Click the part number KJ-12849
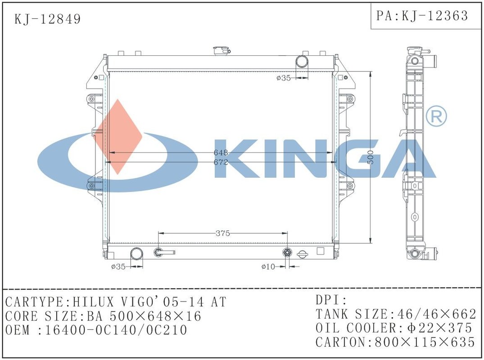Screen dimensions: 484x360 click(x=48, y=19)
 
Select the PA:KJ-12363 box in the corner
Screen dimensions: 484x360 click(x=425, y=16)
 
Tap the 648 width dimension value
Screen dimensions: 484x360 click(x=221, y=153)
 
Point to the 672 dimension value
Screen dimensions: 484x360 click(x=221, y=162)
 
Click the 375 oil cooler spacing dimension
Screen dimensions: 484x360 click(x=223, y=234)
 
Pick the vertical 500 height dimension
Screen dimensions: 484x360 click(x=371, y=157)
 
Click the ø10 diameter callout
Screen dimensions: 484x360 click(x=268, y=266)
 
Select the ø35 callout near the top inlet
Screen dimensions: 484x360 click(x=283, y=78)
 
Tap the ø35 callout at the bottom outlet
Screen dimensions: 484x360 click(x=118, y=266)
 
